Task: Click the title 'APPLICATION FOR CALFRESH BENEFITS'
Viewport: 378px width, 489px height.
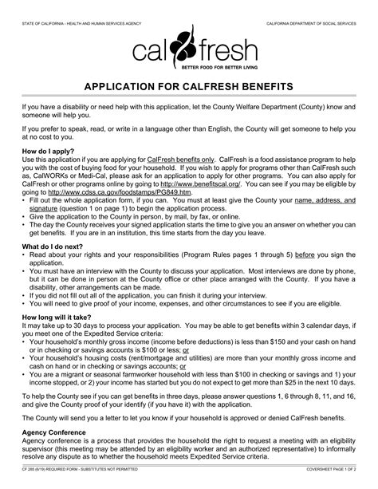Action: pyautogui.click(x=189, y=85)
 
